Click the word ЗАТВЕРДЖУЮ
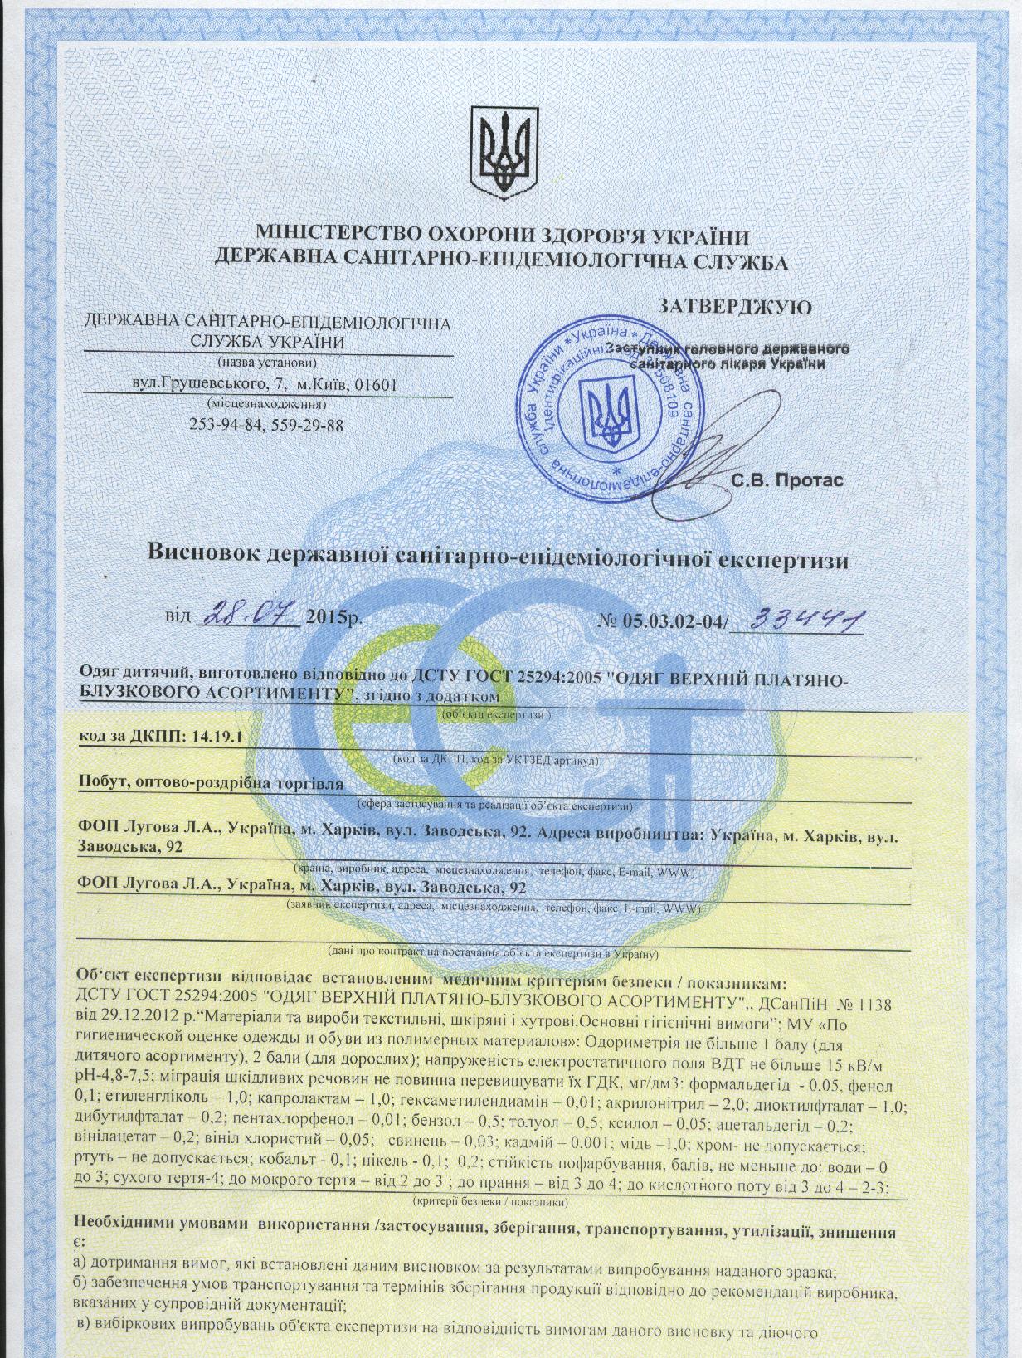click(x=735, y=307)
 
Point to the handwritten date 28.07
click(x=246, y=616)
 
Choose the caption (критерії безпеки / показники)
click(x=489, y=1200)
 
